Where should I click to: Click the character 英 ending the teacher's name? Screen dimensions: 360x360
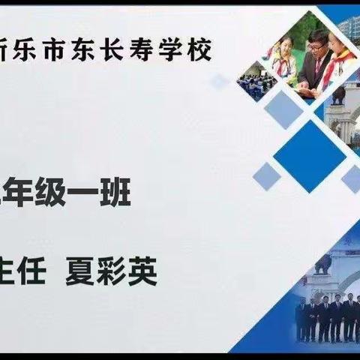[x=142, y=272]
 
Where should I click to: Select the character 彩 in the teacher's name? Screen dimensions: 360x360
[x=113, y=272]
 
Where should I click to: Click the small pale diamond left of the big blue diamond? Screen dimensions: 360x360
[x=265, y=175]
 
